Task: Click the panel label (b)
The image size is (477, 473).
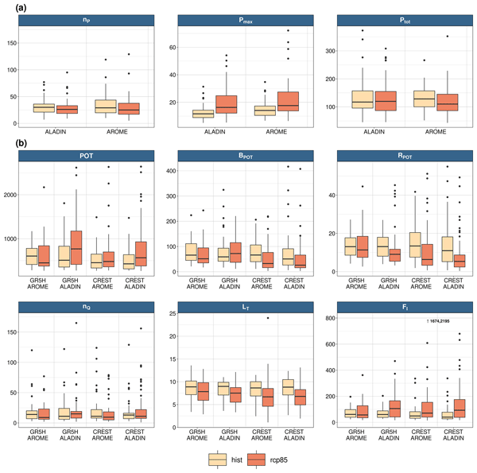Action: pyautogui.click(x=14, y=145)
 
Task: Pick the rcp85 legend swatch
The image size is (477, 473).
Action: pyautogui.click(x=258, y=460)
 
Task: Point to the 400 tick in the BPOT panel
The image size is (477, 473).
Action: pyautogui.click(x=176, y=170)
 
